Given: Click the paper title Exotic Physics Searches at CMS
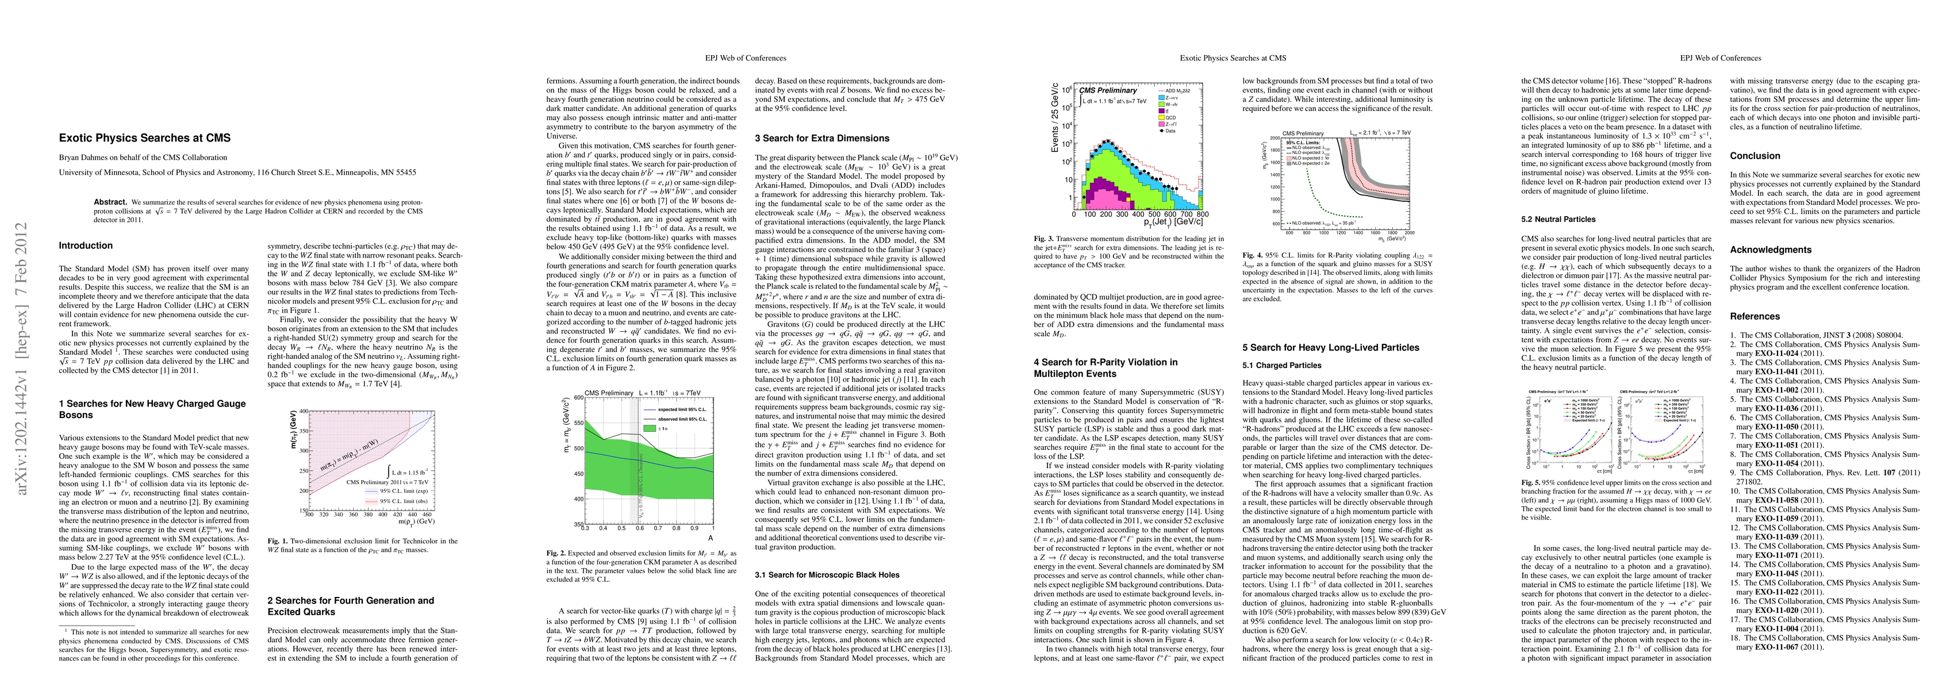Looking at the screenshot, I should click(145, 138).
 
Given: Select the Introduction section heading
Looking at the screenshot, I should click(86, 246).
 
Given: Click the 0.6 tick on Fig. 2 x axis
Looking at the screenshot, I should click(639, 528).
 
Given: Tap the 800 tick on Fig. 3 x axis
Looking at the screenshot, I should click(1203, 215).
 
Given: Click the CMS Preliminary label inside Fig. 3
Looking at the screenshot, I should click(1107, 90).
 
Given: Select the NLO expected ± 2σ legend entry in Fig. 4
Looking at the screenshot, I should click(1314, 163).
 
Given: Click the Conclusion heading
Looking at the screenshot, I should click(1755, 156).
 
